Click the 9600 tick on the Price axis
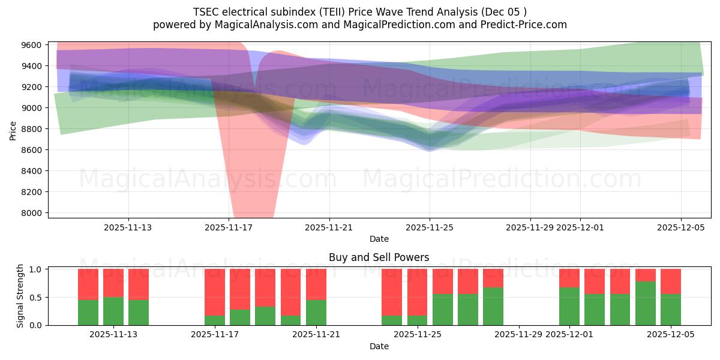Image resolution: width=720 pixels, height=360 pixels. [32, 45]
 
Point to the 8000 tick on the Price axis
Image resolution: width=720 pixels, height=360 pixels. [32, 213]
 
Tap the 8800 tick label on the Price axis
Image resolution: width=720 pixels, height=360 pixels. [32, 129]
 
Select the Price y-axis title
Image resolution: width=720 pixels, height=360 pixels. [13, 130]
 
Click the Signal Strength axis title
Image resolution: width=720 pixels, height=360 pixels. [20, 296]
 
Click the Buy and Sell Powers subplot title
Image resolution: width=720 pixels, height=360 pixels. [379, 257]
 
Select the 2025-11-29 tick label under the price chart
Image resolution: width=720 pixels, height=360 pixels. [530, 227]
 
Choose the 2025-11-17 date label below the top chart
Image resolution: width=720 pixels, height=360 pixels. [229, 227]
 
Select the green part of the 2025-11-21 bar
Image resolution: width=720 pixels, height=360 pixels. [316, 313]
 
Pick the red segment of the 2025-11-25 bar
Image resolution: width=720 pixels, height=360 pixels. [418, 292]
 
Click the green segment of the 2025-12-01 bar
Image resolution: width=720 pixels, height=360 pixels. [569, 306]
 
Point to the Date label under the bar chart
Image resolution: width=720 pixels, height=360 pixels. [379, 346]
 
